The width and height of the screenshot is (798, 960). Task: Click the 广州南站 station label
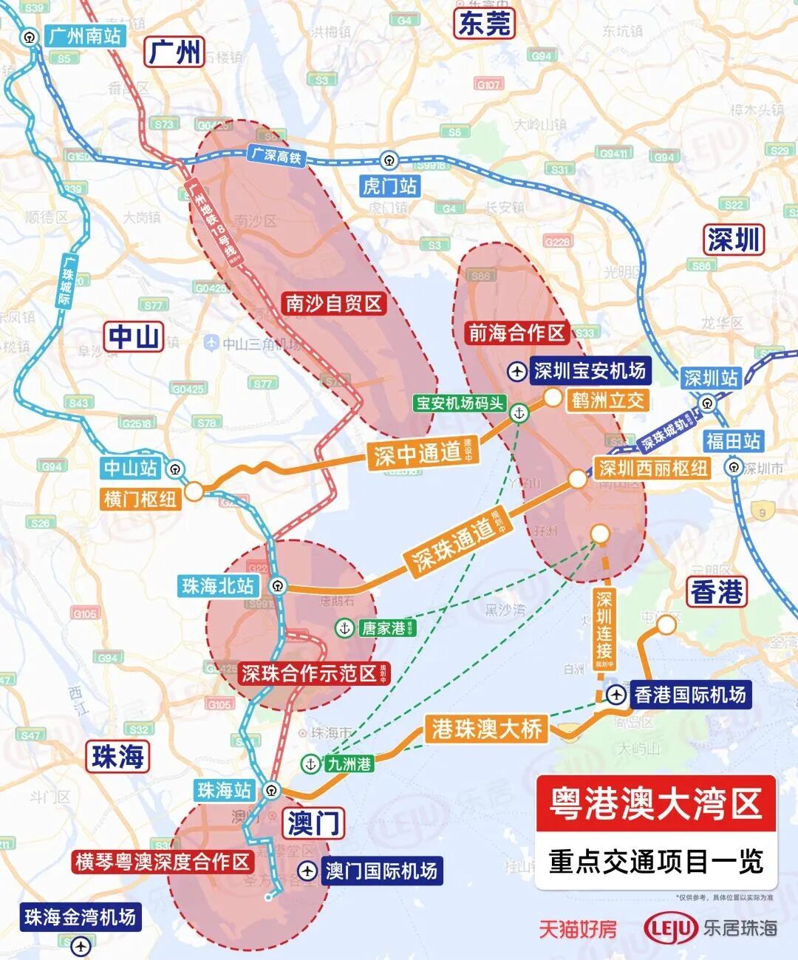point(84,36)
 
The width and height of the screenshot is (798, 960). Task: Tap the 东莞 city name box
point(485,24)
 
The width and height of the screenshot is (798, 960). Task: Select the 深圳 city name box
point(733,239)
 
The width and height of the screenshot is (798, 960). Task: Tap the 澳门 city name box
point(313,823)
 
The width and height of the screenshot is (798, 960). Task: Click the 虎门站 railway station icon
point(389,160)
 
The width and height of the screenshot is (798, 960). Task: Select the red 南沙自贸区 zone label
point(334,303)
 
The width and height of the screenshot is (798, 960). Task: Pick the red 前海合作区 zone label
point(516,333)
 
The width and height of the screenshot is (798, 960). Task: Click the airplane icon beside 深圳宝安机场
point(518,371)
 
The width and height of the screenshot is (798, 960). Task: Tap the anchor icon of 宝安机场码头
point(519,413)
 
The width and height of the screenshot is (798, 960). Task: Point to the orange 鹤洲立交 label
point(607,401)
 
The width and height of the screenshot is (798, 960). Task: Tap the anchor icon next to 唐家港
point(344,628)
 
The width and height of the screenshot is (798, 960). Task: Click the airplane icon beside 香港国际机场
point(616,695)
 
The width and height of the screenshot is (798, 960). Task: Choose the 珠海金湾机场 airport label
point(80,917)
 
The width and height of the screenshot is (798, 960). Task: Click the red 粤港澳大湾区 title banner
point(655,803)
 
